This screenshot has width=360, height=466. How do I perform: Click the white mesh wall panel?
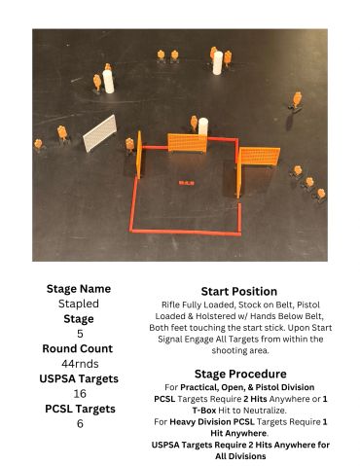(x=100, y=133)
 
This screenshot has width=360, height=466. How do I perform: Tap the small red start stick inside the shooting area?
(x=187, y=183)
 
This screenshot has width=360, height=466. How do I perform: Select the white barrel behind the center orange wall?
(x=203, y=126)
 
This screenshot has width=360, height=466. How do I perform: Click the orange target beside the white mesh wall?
(x=62, y=133)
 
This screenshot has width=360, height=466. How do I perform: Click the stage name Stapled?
(x=79, y=304)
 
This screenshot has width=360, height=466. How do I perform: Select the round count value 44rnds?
(x=80, y=364)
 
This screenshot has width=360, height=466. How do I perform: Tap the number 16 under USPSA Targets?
(x=80, y=394)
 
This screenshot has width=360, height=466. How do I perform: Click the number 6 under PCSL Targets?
(x=80, y=423)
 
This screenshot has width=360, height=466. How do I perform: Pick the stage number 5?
(x=80, y=334)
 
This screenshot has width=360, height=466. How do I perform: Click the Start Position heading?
(x=239, y=291)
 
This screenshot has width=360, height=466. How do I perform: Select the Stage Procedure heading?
(x=240, y=374)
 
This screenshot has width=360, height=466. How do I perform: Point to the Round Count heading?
(x=78, y=348)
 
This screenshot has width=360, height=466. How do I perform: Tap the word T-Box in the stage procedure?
(x=204, y=411)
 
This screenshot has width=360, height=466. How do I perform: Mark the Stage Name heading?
(x=79, y=289)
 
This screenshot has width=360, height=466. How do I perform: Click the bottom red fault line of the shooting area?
(x=186, y=233)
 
